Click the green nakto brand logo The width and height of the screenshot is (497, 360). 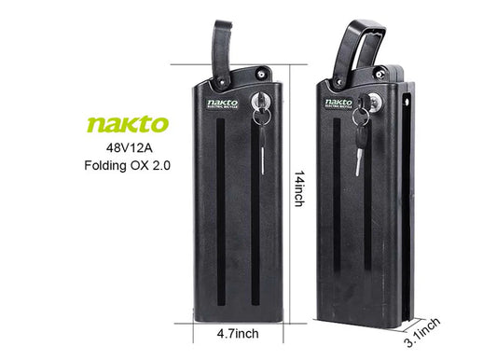(129, 125)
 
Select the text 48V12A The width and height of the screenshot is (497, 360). (129, 147)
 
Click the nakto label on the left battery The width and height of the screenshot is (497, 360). (223, 102)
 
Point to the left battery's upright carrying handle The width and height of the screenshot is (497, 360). (222, 47)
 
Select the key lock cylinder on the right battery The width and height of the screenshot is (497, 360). (378, 100)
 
